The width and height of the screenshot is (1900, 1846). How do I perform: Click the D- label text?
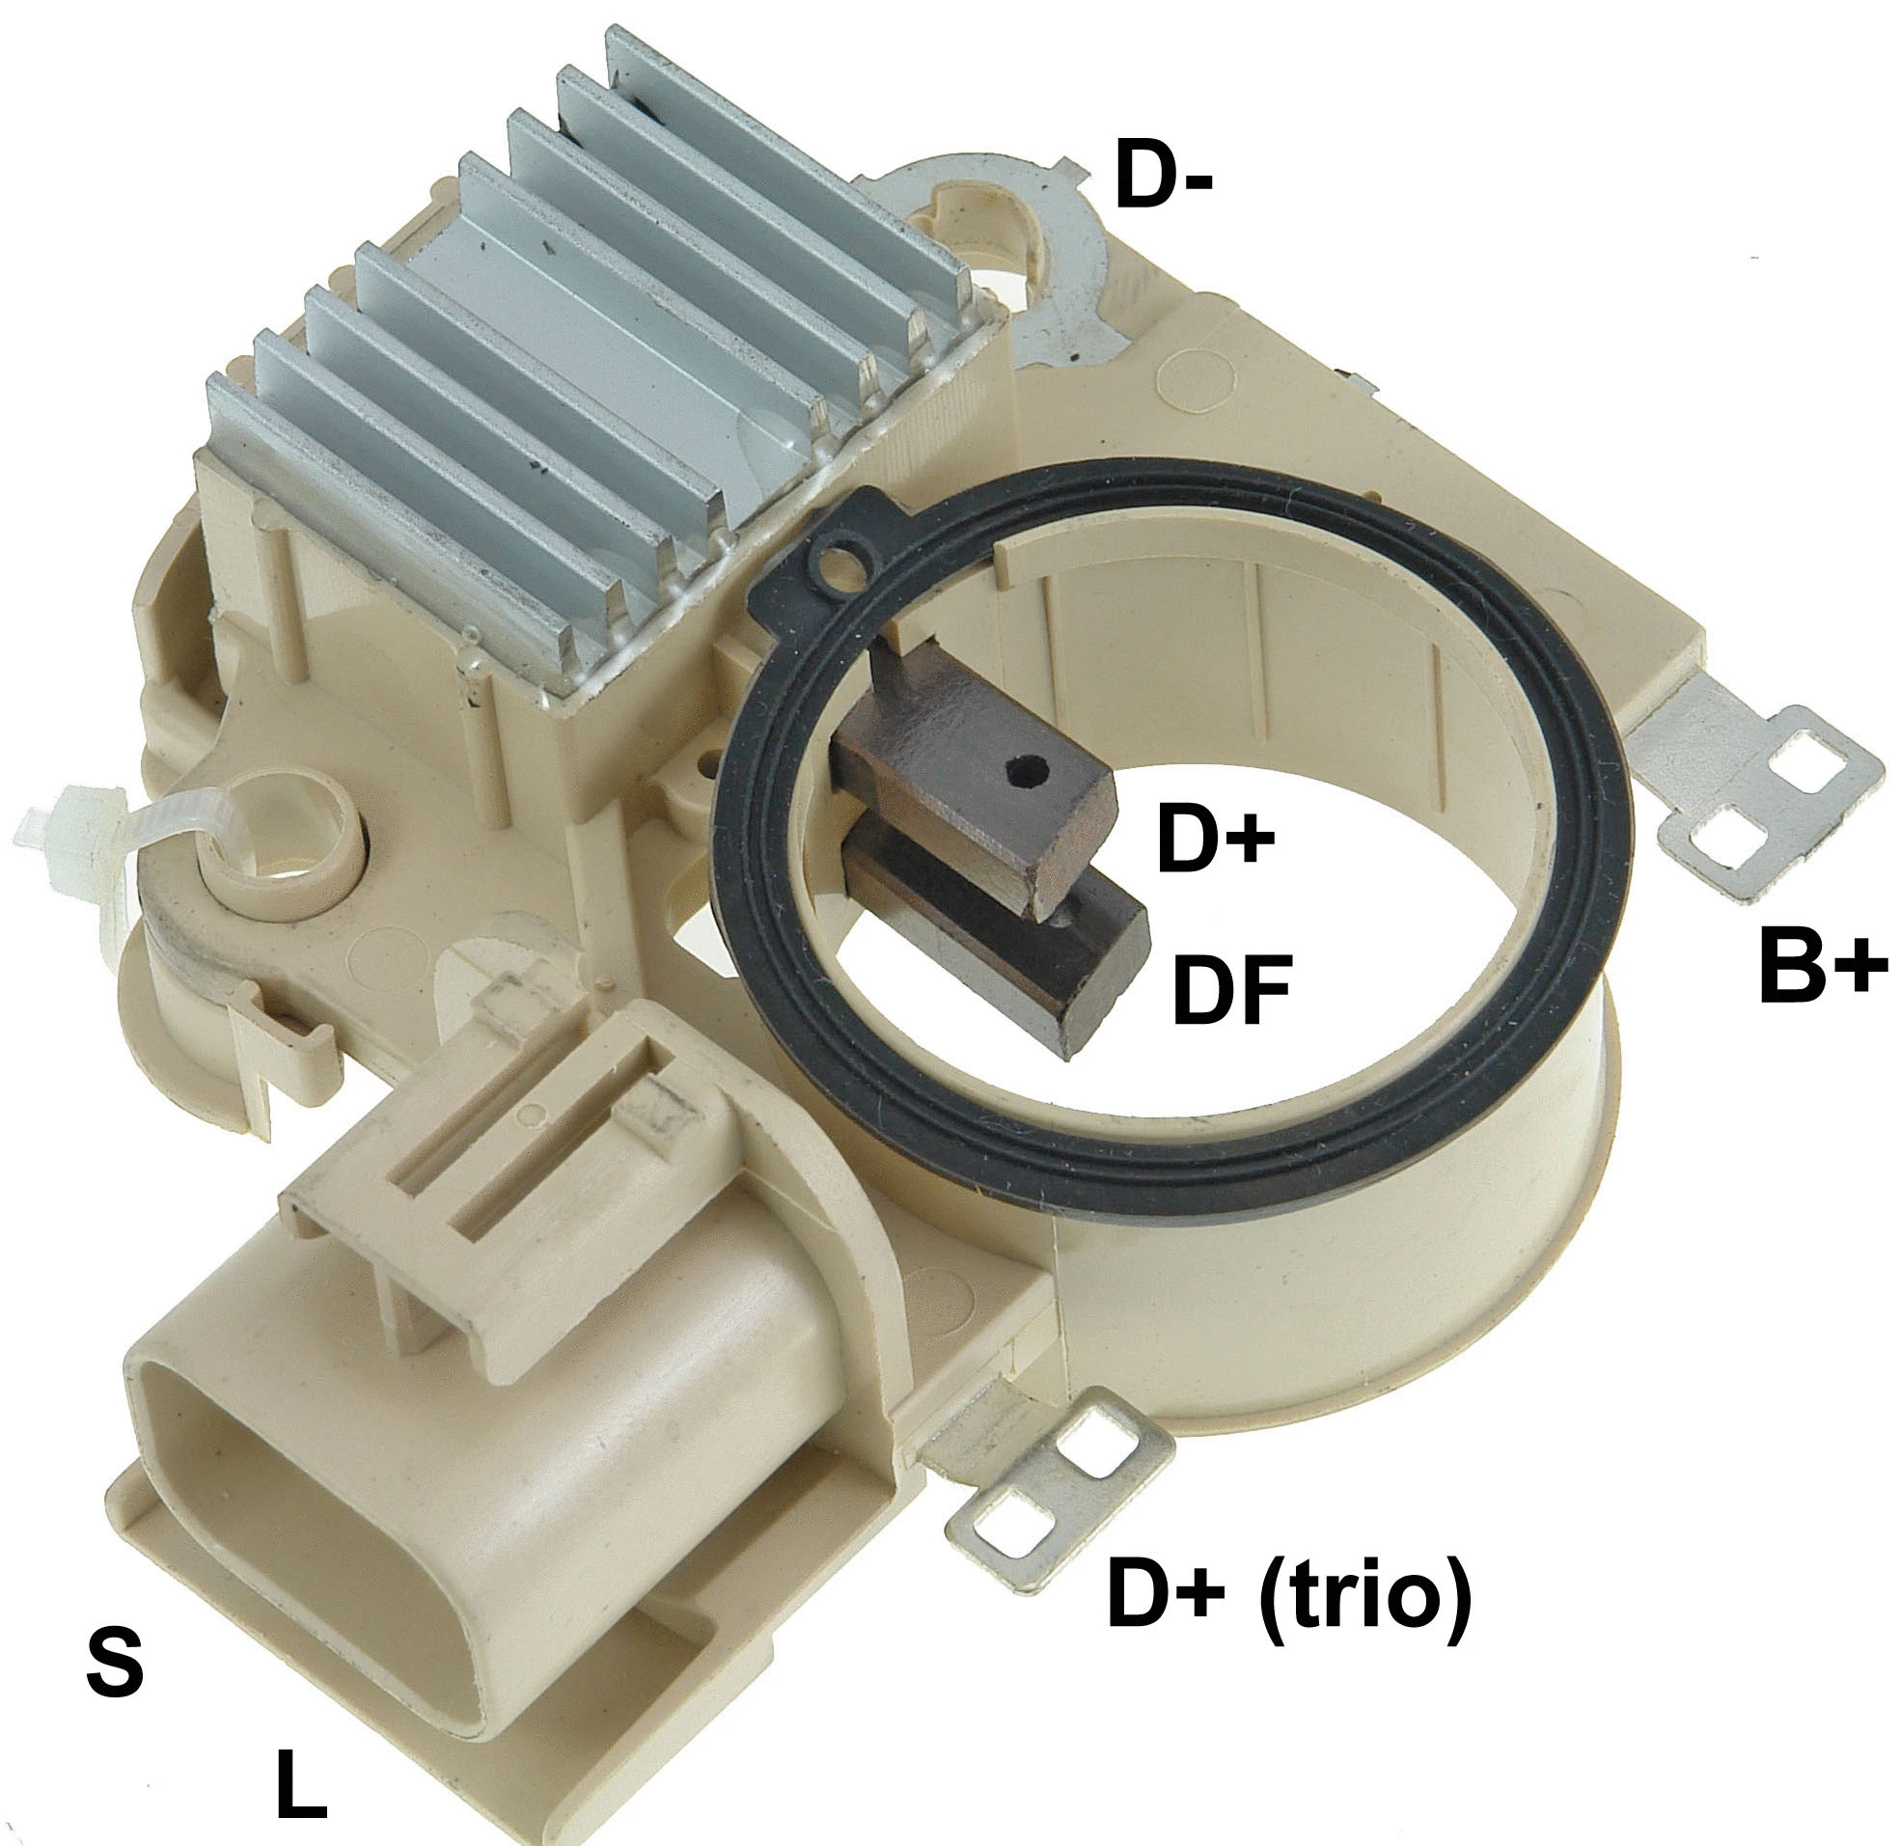(x=1163, y=176)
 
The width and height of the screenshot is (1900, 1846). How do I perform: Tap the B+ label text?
(x=1823, y=965)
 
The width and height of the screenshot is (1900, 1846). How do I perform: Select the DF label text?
(x=1231, y=988)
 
